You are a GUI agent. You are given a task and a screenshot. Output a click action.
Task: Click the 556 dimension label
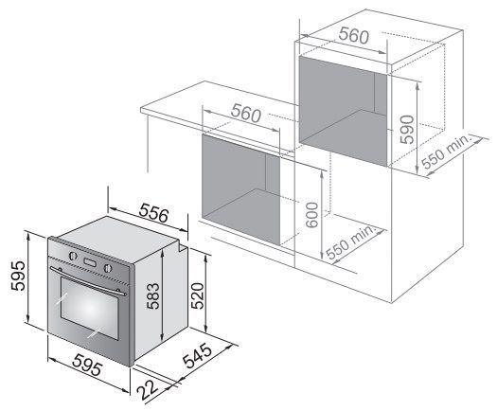click(153, 212)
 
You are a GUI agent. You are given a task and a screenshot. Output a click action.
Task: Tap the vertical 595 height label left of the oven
click(18, 276)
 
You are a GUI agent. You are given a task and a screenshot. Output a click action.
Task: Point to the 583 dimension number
click(152, 295)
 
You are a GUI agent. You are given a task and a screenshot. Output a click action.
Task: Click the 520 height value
click(197, 295)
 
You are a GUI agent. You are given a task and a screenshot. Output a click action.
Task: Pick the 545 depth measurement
click(198, 355)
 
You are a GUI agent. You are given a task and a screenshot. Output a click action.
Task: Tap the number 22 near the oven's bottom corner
click(148, 390)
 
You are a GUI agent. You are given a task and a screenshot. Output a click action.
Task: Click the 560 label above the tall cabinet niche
click(354, 36)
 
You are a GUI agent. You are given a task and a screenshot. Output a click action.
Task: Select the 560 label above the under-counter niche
click(246, 114)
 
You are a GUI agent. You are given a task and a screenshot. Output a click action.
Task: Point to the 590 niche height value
click(407, 130)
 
